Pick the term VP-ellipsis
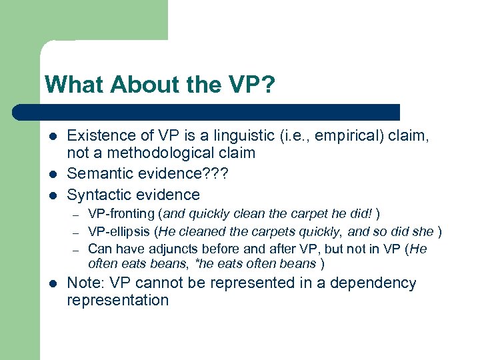pyautogui.click(x=115, y=231)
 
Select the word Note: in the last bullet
pyautogui.click(x=87, y=283)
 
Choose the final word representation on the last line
pyautogui.click(x=118, y=300)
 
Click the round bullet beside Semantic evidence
pyautogui.click(x=51, y=175)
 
